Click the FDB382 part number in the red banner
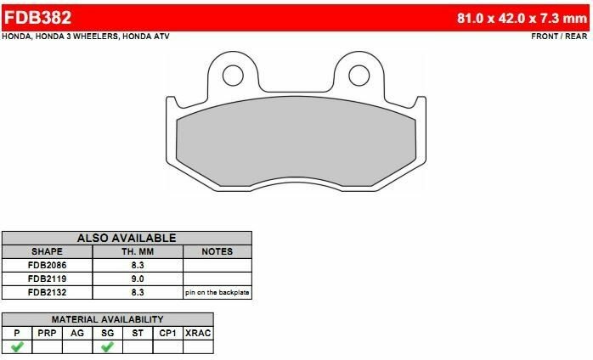click(x=39, y=16)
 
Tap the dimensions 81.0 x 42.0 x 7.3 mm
click(x=521, y=17)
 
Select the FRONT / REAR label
click(x=558, y=37)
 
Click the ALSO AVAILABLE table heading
click(x=127, y=239)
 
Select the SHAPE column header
click(x=47, y=252)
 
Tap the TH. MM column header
click(x=138, y=252)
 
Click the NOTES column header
click(x=217, y=252)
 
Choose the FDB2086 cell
click(x=47, y=265)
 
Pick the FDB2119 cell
click(x=47, y=278)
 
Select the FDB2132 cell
click(x=47, y=291)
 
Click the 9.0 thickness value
click(x=138, y=278)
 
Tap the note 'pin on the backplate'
click(x=217, y=292)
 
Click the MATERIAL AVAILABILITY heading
click(x=107, y=319)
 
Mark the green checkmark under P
click(x=16, y=346)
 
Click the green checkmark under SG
click(x=107, y=346)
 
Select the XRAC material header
click(x=197, y=333)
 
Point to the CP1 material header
click(x=167, y=333)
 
